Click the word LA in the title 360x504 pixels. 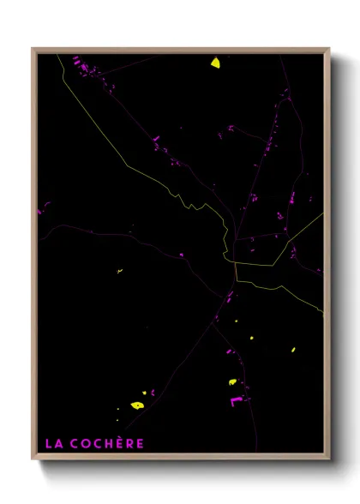(x=53, y=444)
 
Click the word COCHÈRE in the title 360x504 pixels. (x=108, y=444)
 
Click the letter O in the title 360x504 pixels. (x=87, y=444)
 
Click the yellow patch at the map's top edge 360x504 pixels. (x=215, y=63)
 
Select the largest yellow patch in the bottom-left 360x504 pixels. (x=136, y=405)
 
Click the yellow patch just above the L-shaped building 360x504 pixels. (x=231, y=382)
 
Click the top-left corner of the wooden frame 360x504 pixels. (x=33, y=49)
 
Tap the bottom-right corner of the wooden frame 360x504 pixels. (x=329, y=459)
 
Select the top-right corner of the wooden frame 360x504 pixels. (x=329, y=49)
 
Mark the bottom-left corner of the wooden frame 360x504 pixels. (x=33, y=459)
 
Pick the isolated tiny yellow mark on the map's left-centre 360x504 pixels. (x=119, y=271)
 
